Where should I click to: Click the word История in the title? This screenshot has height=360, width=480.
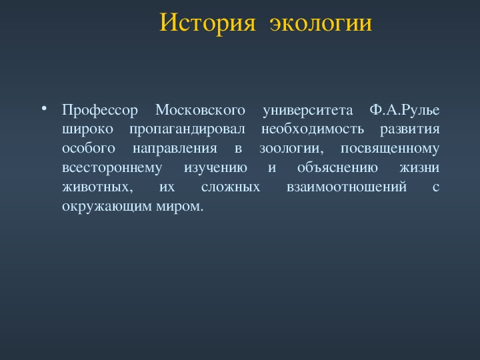click(x=207, y=23)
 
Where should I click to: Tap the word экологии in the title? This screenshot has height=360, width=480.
click(x=321, y=23)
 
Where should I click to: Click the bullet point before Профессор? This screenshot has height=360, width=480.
click(x=44, y=109)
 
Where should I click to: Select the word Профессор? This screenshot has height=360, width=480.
click(x=100, y=110)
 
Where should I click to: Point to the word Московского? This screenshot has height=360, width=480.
click(x=200, y=110)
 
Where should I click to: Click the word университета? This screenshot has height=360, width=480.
click(x=307, y=111)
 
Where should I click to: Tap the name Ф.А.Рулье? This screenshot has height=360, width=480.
click(x=405, y=110)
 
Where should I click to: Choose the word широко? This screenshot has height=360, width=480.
click(x=87, y=129)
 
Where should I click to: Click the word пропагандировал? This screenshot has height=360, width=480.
click(x=187, y=129)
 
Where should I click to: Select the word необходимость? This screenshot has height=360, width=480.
click(x=313, y=129)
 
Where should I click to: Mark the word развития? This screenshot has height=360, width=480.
click(x=410, y=129)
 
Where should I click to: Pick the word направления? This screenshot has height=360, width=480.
click(x=175, y=149)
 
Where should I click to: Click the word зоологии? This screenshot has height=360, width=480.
click(x=291, y=149)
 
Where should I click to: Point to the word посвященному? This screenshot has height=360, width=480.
click(x=390, y=149)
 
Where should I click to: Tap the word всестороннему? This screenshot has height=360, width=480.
click(x=112, y=168)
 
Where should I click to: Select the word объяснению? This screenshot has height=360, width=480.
click(x=337, y=167)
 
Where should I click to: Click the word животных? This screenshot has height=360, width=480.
click(x=97, y=187)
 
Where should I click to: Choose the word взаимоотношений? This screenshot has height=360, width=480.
click(x=347, y=187)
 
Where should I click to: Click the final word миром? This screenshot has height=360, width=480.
click(x=180, y=207)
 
